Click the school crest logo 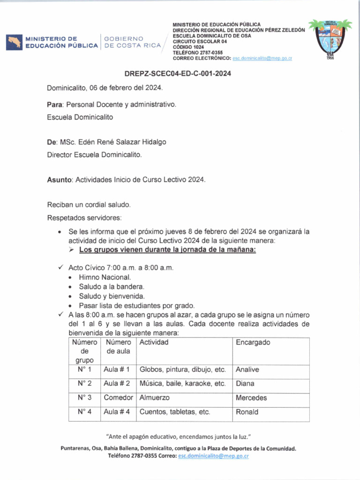tap(330, 40)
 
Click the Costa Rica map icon tap(14, 42)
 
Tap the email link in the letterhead tap(262, 58)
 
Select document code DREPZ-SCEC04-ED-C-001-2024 tap(178, 74)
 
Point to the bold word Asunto tap(60, 180)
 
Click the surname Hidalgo tap(151, 142)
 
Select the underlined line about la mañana tap(167, 250)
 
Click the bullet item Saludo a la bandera tap(112, 286)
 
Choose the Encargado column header tap(253, 343)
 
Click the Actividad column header tap(154, 343)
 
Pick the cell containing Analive tap(247, 370)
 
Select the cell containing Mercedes tap(251, 398)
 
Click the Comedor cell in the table tap(119, 398)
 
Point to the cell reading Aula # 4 tap(117, 412)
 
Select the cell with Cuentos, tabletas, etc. tap(175, 412)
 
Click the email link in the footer tap(213, 456)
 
